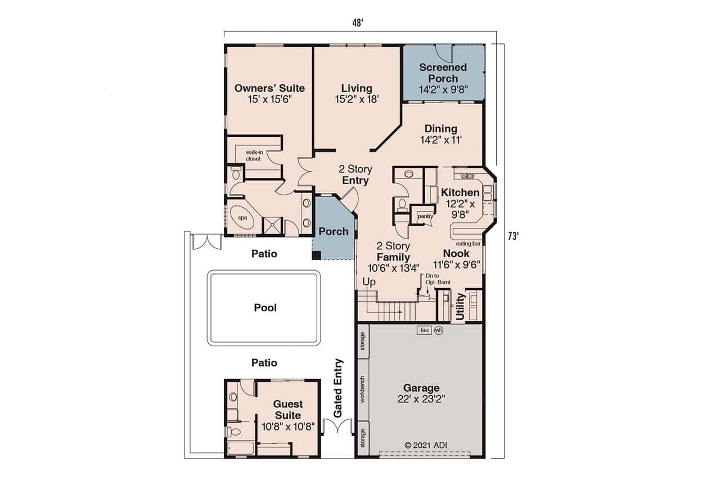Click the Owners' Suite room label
pyautogui.click(x=269, y=88)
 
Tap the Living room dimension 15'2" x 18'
pyautogui.click(x=357, y=99)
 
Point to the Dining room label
pyautogui.click(x=440, y=129)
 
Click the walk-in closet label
pyautogui.click(x=253, y=155)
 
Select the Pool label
pyautogui.click(x=265, y=308)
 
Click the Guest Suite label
pyautogui.click(x=287, y=409)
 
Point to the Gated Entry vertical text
pyautogui.click(x=338, y=388)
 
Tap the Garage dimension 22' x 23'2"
pyautogui.click(x=421, y=399)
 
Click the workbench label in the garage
pyautogui.click(x=363, y=389)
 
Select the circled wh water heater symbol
pyautogui.click(x=438, y=330)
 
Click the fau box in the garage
pyautogui.click(x=424, y=330)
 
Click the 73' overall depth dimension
pyautogui.click(x=512, y=237)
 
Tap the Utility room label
pyautogui.click(x=460, y=307)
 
